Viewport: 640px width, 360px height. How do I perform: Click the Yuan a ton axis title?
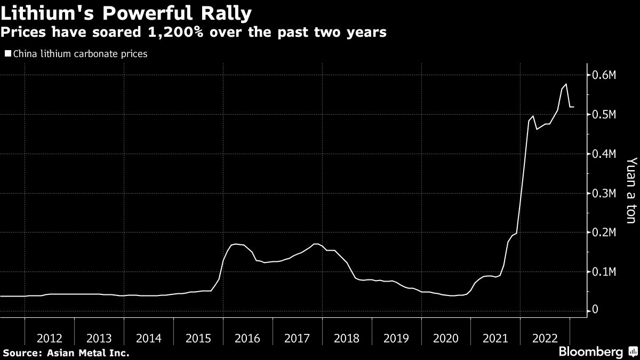click(x=631, y=197)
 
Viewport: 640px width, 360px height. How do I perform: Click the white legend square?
click(x=7, y=53)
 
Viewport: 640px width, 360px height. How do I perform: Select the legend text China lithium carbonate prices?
click(x=79, y=54)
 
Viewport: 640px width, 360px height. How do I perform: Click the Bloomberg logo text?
click(x=590, y=352)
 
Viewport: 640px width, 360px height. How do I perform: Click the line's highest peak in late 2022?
click(x=565, y=84)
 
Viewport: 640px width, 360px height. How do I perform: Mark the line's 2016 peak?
click(x=236, y=244)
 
